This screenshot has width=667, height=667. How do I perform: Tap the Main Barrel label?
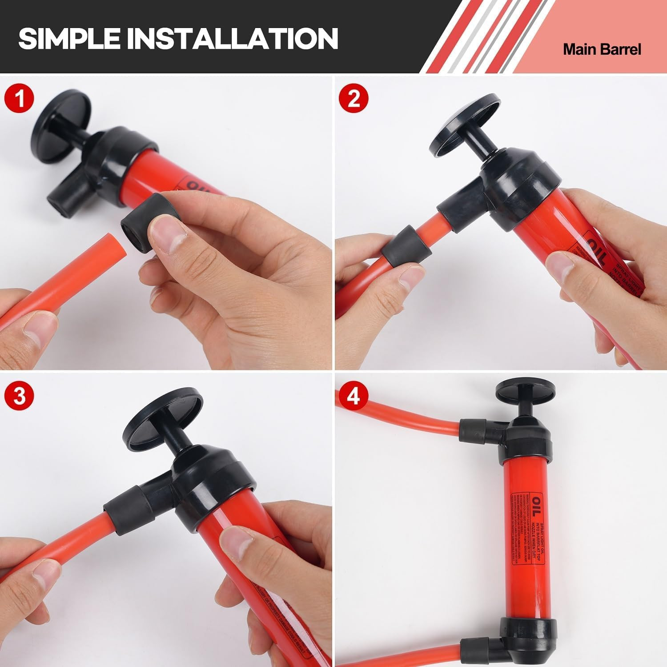602,49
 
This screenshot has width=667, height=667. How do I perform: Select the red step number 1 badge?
19,99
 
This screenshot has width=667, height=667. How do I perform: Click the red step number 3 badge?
19,396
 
